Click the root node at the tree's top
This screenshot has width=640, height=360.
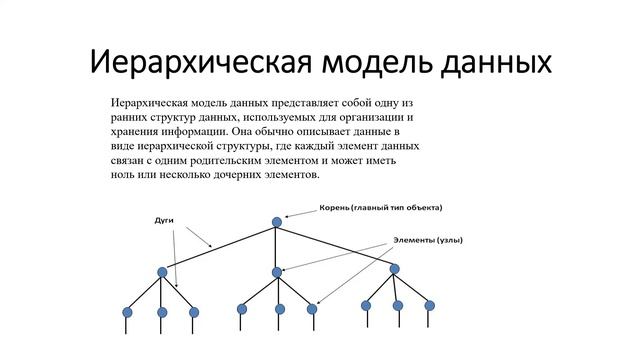(x=277, y=222)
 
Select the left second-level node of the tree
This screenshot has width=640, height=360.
(x=162, y=272)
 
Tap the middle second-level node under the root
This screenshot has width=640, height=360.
(x=277, y=272)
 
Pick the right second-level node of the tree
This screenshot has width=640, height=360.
(x=394, y=268)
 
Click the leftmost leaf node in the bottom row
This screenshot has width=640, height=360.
(x=127, y=312)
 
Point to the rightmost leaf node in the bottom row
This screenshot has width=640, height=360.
(x=430, y=305)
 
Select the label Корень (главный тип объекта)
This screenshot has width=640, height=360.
(x=380, y=208)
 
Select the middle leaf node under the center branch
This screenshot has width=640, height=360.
(x=280, y=309)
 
